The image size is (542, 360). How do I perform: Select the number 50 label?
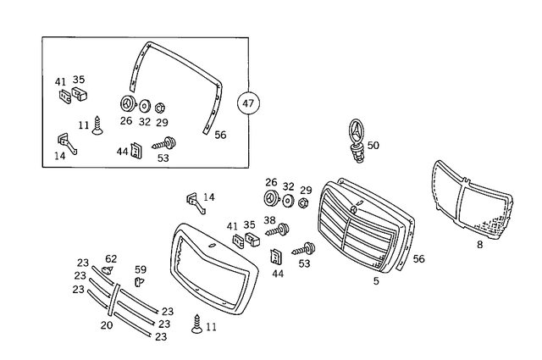[373, 146]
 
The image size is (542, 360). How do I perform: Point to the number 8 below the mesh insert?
[479, 245]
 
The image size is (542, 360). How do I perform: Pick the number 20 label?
[106, 325]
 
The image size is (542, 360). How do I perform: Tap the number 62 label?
[111, 259]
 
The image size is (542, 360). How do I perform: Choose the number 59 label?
[141, 269]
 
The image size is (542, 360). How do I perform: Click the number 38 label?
[270, 219]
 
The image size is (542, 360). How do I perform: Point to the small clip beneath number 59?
[139, 281]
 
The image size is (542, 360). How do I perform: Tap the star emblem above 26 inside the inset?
[126, 105]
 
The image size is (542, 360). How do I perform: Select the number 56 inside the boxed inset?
[220, 135]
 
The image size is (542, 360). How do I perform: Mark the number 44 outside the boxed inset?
[278, 274]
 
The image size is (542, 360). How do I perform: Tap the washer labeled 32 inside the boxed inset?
[145, 107]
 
